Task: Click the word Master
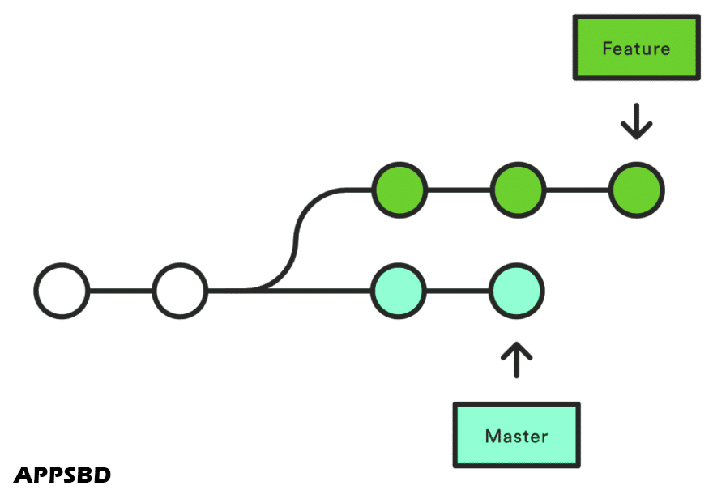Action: point(516,437)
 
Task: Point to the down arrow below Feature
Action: point(636,121)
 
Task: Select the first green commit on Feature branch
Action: point(399,190)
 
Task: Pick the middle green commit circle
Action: point(517,190)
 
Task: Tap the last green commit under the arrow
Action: point(636,190)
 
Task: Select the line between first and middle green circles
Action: point(458,190)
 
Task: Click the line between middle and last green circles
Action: point(577,190)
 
